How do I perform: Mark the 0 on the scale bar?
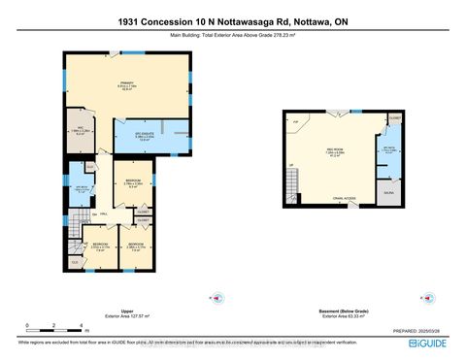point(27,324)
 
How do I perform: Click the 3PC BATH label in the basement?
point(388,150)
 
